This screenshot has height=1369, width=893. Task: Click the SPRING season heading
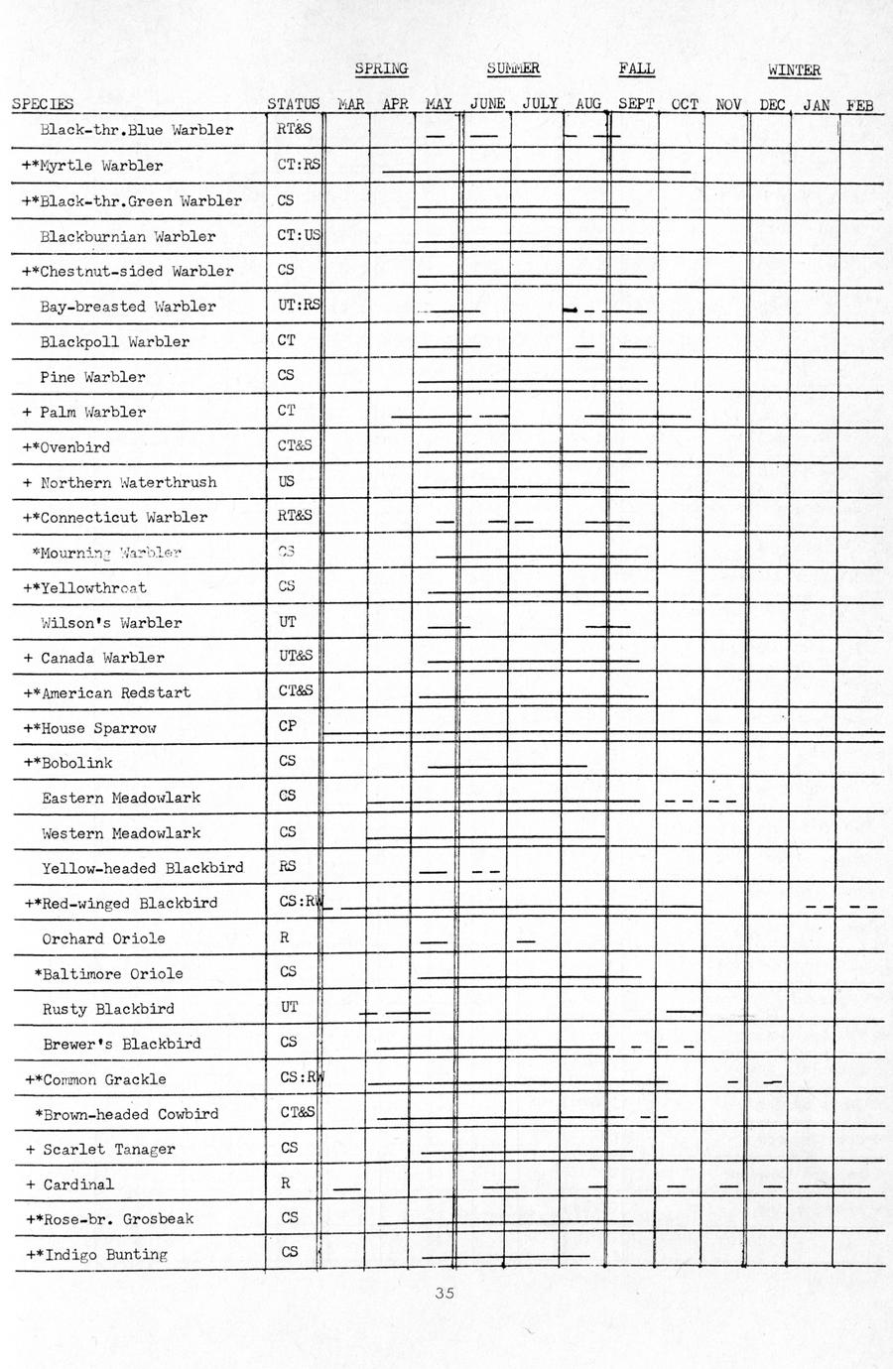(x=381, y=68)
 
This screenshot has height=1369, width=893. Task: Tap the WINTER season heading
(x=794, y=69)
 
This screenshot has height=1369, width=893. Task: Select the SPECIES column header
(x=43, y=103)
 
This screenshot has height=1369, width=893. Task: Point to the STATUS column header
(x=293, y=103)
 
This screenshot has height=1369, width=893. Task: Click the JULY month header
(x=539, y=103)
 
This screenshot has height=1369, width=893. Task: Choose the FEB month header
(x=859, y=104)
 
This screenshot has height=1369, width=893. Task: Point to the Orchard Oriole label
(x=103, y=938)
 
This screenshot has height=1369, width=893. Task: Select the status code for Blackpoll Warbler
(x=286, y=340)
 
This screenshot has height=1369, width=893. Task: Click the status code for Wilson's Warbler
(x=287, y=622)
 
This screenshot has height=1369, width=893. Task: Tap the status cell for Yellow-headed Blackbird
(x=287, y=866)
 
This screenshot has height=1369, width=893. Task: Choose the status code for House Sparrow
(x=287, y=726)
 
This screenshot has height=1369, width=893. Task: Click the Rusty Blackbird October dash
(x=683, y=1011)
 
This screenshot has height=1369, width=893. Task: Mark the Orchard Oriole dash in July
(x=526, y=940)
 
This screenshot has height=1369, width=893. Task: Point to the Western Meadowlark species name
(x=120, y=833)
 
